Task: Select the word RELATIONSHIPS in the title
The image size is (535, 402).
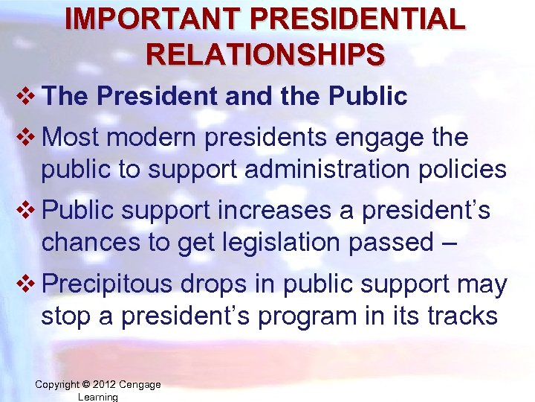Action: [x=266, y=54]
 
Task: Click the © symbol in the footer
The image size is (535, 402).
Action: [x=85, y=384]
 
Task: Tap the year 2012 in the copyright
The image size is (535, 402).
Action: [x=106, y=384]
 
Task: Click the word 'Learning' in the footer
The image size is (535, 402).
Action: [x=97, y=397]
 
